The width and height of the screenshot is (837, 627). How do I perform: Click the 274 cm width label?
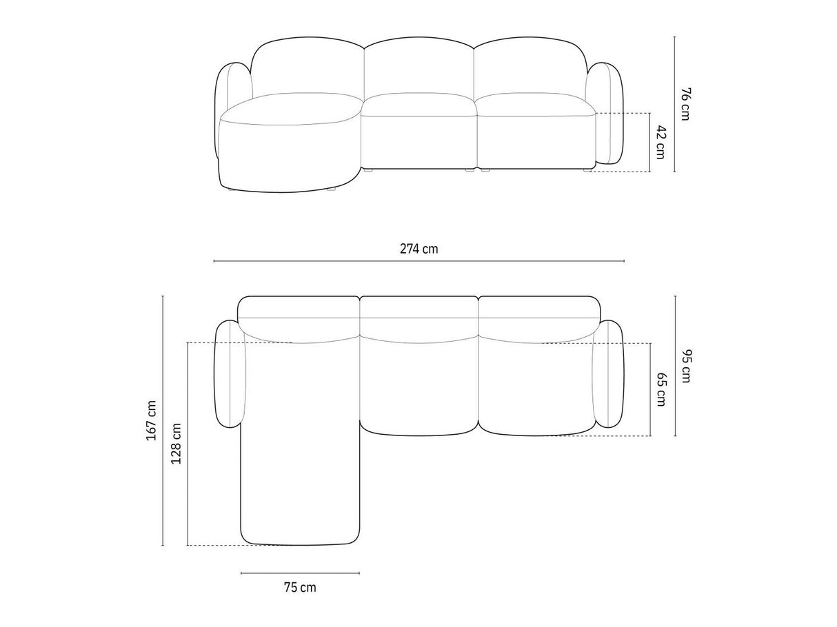418,249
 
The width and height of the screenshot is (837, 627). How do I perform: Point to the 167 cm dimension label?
152,420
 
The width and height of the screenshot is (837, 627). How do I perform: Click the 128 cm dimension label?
176,443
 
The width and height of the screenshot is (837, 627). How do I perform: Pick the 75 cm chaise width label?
300,587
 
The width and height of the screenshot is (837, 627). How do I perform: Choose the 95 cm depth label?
686,366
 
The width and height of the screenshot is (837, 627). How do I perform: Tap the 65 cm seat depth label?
661,389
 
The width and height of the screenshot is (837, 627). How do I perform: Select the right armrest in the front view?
605,113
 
